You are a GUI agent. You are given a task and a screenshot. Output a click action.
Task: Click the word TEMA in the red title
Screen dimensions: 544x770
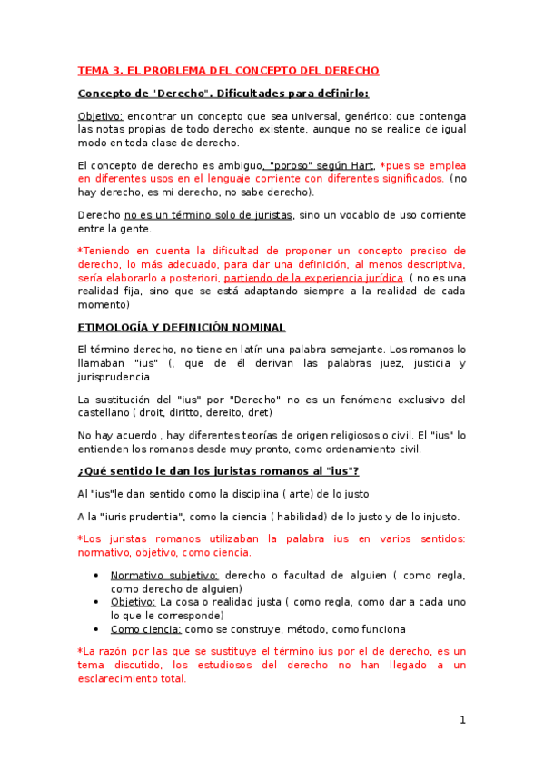(93, 70)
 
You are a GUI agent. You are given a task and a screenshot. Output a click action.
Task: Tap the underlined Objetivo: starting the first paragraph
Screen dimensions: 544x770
(100, 116)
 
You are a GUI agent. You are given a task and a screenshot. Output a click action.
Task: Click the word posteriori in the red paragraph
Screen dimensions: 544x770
(192, 277)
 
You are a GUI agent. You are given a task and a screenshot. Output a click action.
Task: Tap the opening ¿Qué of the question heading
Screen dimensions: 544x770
(93, 470)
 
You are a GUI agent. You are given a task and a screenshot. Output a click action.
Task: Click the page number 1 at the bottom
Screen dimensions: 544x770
(462, 720)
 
